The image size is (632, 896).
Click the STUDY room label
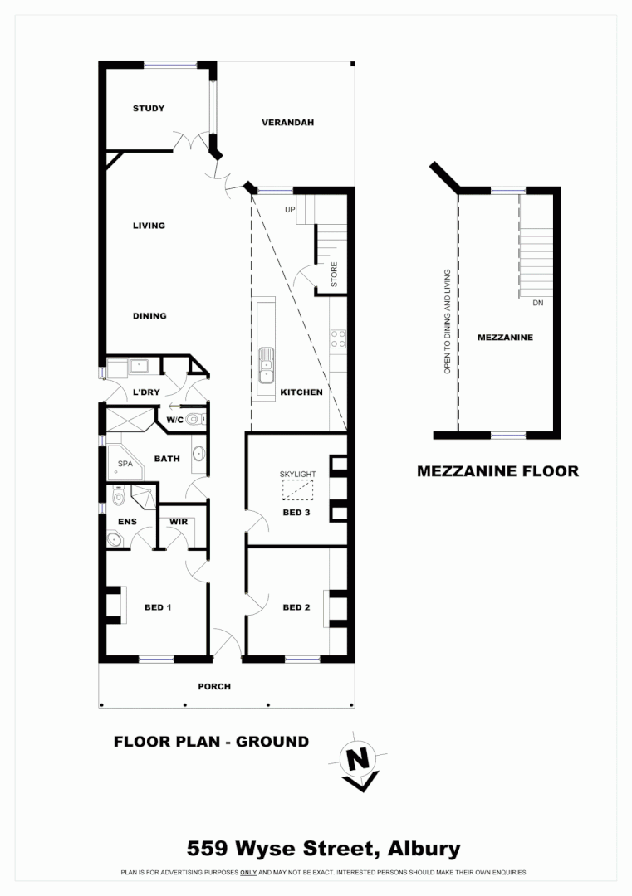pos(149,109)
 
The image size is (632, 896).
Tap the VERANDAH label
pos(287,123)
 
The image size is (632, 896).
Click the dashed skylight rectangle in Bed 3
pos(297,491)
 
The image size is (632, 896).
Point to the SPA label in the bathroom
pos(125,465)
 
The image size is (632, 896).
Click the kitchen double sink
pos(266,365)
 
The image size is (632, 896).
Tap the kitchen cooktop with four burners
pos(338,338)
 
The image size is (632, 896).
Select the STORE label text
pos(334,275)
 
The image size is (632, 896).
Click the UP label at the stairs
pos(290,210)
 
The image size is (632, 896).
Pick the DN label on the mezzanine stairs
pos(537,303)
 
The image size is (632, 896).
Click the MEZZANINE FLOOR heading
pos(497,471)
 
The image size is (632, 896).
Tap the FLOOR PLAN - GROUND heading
pos(211,742)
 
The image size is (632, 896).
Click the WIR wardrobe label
pos(179,522)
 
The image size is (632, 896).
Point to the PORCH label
pos(214,686)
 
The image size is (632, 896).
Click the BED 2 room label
pos(296,607)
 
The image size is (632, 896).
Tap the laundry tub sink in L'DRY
pos(138,365)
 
